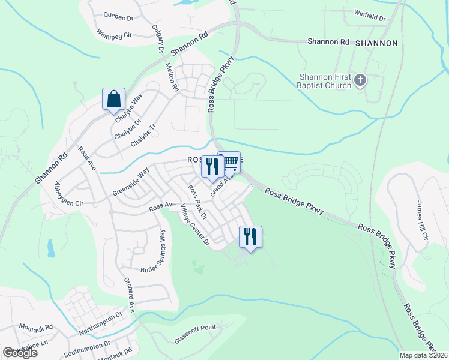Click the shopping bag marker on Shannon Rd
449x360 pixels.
(113, 98)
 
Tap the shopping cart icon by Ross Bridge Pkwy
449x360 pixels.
(229, 162)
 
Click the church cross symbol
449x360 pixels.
(360, 80)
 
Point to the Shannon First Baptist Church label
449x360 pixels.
(326, 81)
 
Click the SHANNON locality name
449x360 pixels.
(376, 43)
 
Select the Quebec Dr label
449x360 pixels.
(116, 16)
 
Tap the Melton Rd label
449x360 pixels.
(172, 78)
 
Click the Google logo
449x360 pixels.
(20, 353)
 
